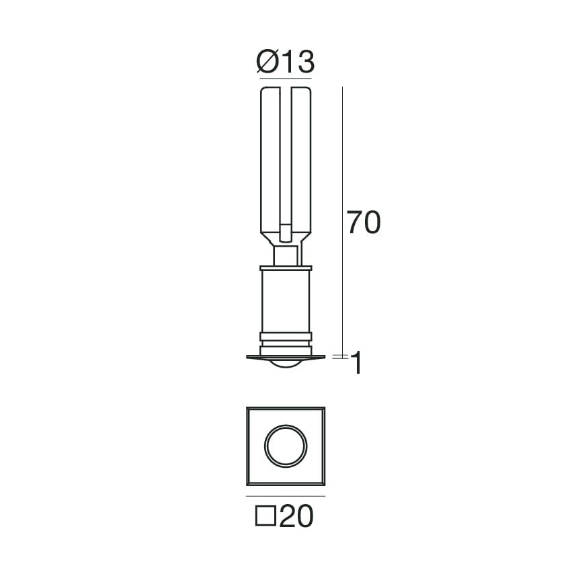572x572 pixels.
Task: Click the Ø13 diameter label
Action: (x=285, y=62)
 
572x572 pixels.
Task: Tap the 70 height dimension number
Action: (x=364, y=222)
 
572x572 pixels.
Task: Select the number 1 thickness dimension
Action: (x=356, y=363)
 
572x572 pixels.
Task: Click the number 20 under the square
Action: (x=296, y=516)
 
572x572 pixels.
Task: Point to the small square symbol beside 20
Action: (x=265, y=516)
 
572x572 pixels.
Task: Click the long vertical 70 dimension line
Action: (x=343, y=220)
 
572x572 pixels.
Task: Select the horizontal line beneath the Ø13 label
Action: (x=286, y=79)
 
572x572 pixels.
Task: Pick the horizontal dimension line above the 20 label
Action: (x=286, y=496)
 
